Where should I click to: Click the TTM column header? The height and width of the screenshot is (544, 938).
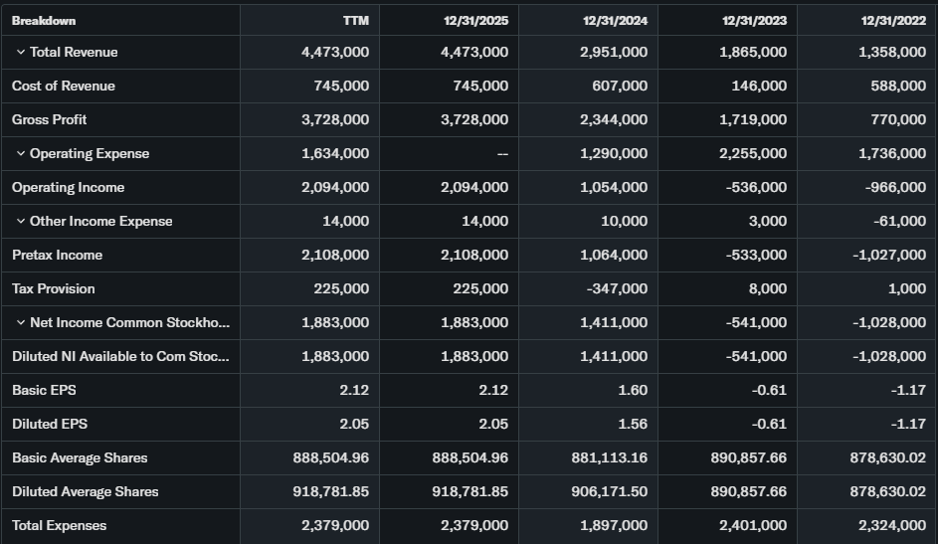pyautogui.click(x=355, y=20)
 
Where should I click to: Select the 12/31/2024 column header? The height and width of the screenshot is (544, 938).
pyautogui.click(x=615, y=20)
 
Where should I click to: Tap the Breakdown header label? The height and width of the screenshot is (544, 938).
pyautogui.click(x=44, y=20)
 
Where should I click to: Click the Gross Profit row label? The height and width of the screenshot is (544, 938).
pyautogui.click(x=50, y=119)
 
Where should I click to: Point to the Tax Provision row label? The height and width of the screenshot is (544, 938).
pyautogui.click(x=54, y=288)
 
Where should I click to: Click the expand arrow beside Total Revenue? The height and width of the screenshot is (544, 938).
pyautogui.click(x=20, y=52)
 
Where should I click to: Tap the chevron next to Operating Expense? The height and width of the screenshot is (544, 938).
pyautogui.click(x=20, y=153)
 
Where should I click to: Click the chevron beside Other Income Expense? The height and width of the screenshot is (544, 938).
pyautogui.click(x=20, y=221)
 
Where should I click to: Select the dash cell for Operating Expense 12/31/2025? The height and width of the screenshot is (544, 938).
pyautogui.click(x=502, y=153)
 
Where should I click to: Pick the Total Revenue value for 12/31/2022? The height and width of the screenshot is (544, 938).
pyautogui.click(x=892, y=52)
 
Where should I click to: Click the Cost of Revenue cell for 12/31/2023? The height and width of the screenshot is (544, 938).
pyautogui.click(x=759, y=86)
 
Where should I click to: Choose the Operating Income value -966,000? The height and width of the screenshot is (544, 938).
pyautogui.click(x=892, y=187)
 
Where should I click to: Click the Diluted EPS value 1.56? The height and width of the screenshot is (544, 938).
pyautogui.click(x=633, y=424)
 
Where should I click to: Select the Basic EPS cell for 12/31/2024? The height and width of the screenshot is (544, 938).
pyautogui.click(x=633, y=390)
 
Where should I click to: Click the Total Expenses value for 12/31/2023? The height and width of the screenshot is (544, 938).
pyautogui.click(x=753, y=525)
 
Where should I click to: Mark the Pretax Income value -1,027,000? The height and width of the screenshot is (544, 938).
pyautogui.click(x=888, y=255)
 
